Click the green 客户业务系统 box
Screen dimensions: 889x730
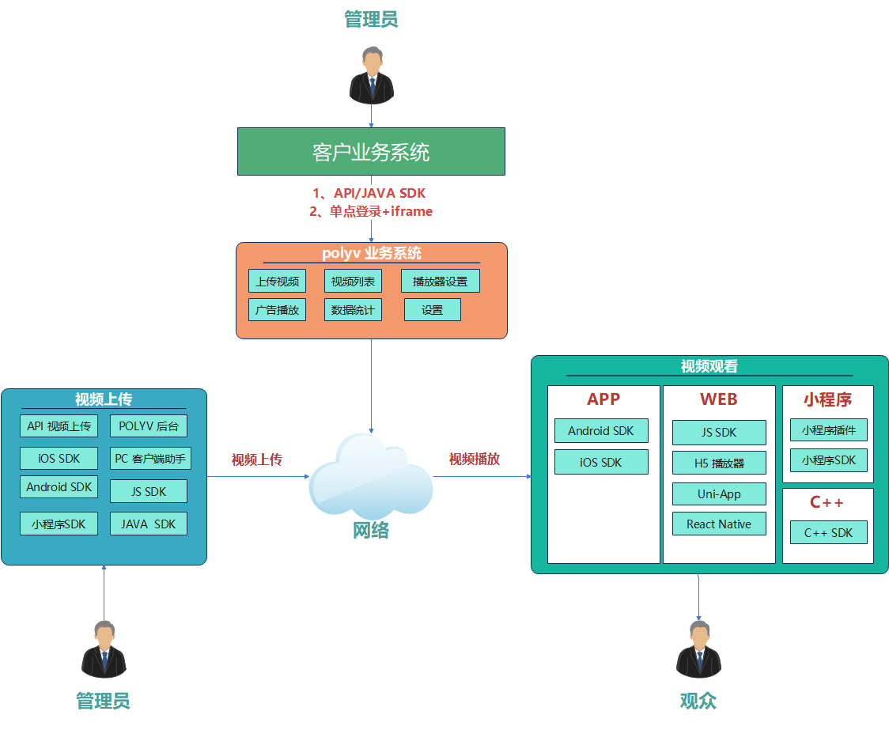371,151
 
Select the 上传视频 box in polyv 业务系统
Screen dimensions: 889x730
278,281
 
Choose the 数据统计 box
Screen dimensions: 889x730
353,310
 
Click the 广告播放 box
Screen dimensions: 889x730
278,310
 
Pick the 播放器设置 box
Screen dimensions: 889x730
440,281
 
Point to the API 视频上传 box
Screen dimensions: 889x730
59,426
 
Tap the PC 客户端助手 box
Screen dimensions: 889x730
150,459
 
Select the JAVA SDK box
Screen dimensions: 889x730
149,524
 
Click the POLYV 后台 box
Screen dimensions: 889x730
149,426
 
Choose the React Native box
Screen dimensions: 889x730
719,524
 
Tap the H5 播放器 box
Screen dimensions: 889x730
719,463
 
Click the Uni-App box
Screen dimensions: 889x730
719,494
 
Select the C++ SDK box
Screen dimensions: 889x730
828,533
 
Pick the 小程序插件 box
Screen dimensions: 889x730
828,430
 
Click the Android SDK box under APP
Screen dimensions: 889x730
601,431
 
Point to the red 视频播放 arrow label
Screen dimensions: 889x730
475,459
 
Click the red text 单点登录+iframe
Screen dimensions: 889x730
381,211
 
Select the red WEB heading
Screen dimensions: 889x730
719,399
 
